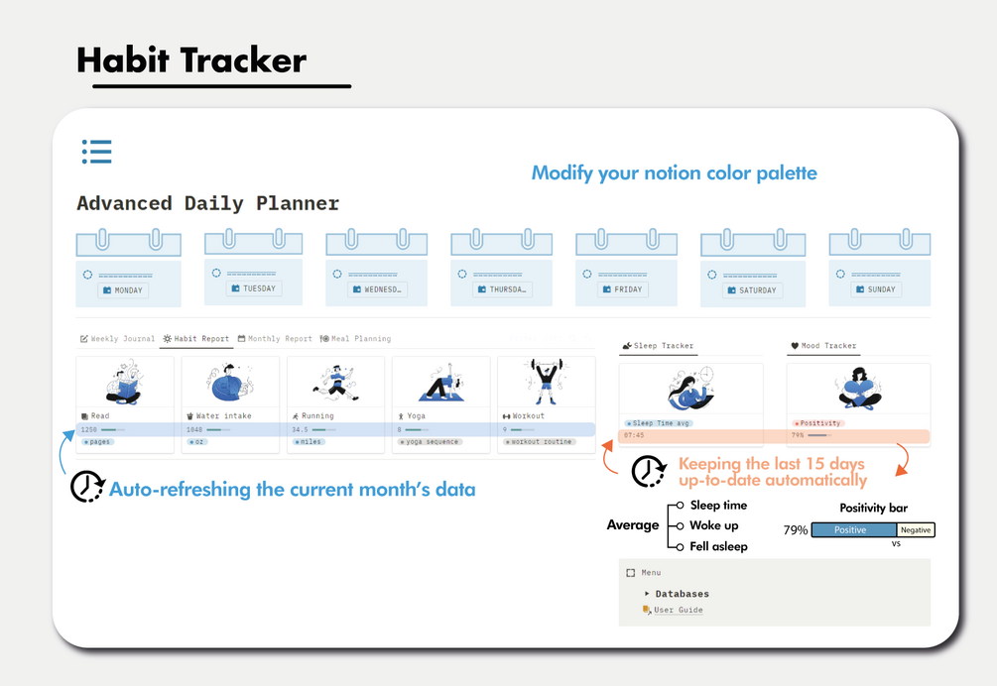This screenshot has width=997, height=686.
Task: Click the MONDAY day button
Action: (x=123, y=290)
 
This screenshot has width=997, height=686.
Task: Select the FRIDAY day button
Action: (x=622, y=289)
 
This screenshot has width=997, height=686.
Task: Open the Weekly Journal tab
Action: (x=117, y=339)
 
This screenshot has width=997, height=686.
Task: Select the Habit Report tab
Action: (x=196, y=339)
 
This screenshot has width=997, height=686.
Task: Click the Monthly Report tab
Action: (x=275, y=339)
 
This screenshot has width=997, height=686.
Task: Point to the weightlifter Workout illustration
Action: (x=546, y=382)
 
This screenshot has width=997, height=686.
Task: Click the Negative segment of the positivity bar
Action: (x=915, y=530)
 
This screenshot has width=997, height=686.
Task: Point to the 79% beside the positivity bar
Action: (x=796, y=530)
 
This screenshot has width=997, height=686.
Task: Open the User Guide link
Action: (x=678, y=610)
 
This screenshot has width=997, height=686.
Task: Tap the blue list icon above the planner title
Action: (x=96, y=152)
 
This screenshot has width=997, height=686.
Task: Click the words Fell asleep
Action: (x=718, y=546)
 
